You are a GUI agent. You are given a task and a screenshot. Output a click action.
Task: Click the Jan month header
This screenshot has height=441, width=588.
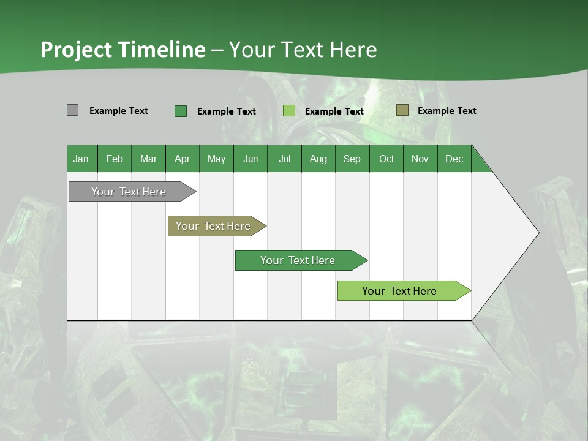coord(81,159)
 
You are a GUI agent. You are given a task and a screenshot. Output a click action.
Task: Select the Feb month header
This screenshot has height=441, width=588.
coord(115,159)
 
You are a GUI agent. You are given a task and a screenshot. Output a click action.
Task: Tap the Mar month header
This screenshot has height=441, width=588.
coord(148,159)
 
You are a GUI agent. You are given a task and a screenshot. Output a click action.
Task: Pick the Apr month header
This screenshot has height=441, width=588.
coord(182,159)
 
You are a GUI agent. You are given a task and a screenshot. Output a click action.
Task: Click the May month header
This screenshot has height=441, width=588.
coord(216,159)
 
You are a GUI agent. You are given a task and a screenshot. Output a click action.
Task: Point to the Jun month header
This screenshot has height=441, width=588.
coord(251,159)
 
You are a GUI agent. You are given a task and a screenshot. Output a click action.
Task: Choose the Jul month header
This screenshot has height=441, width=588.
coord(284,159)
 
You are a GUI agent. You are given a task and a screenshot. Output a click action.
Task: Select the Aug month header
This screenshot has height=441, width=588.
coord(318,159)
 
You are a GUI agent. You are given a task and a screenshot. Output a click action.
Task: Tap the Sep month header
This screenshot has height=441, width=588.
coord(352,159)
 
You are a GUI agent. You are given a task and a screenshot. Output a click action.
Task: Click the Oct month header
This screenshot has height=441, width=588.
coord(386,159)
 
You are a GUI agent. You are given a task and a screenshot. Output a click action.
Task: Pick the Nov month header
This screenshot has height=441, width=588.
coord(420,159)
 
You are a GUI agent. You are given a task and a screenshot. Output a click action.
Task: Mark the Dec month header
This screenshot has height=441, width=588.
coord(454,159)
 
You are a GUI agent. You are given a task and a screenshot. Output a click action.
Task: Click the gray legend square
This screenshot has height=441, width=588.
coord(72,110)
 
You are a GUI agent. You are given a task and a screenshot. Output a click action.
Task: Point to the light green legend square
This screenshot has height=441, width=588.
coord(289,111)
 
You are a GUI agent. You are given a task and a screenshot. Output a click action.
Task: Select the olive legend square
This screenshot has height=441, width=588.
coord(402,110)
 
